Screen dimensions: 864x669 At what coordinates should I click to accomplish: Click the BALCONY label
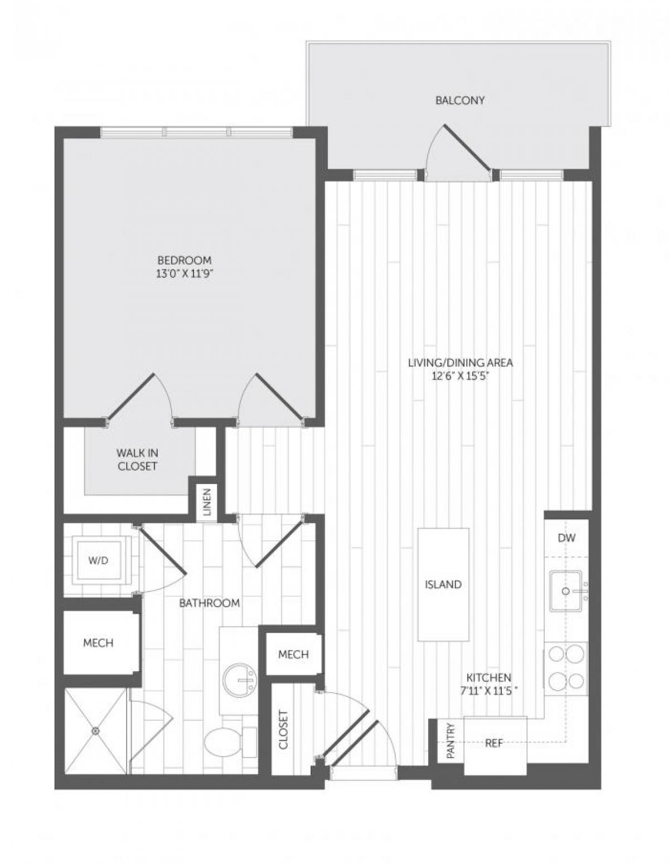point(459,101)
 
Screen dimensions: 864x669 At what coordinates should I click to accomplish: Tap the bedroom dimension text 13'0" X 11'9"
point(185,274)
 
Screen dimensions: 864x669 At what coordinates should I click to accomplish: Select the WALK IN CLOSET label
point(137,460)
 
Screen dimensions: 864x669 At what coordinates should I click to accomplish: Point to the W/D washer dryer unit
point(98,560)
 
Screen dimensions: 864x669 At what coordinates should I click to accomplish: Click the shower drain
point(96,730)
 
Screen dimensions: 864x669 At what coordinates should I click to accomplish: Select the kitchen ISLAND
point(443,584)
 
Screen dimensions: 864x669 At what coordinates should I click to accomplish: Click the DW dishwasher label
point(566,538)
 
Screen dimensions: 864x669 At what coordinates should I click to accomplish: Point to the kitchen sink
point(566,590)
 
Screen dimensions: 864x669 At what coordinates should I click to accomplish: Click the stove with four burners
point(566,668)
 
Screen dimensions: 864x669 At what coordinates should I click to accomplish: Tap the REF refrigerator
point(495,744)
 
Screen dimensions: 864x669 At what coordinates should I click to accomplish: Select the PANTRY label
point(451,741)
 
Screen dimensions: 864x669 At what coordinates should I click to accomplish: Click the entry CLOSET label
point(283,729)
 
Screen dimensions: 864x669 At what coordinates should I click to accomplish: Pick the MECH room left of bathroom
point(98,643)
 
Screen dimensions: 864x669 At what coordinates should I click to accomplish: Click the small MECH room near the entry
point(293,654)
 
